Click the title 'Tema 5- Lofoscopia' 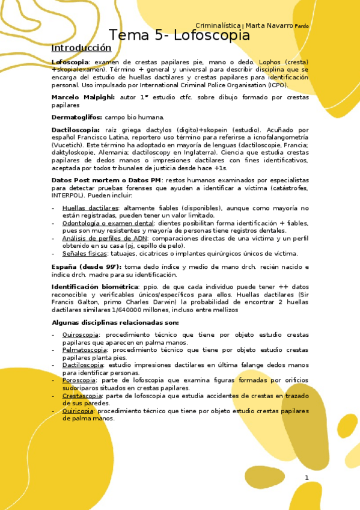pos(179,35)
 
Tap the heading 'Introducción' pos(81,48)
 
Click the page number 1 pos(307,478)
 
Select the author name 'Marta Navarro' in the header pos(269,25)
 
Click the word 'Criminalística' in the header pos(219,25)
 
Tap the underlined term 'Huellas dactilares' pos(90,208)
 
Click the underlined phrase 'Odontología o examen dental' pos(108,223)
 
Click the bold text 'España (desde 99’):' pos(86,266)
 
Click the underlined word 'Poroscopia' pos(79,380)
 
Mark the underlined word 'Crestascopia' pos(81,396)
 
